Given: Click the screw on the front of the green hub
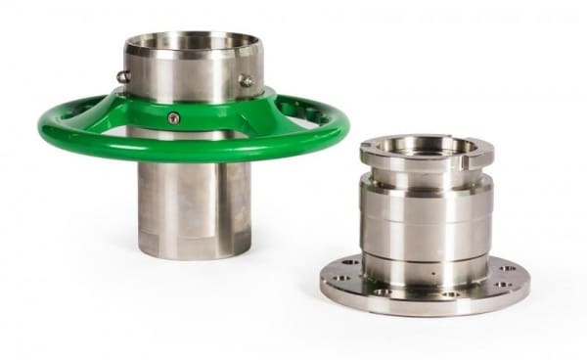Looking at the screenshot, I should [x=174, y=118].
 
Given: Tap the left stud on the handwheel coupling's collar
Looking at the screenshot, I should [x=123, y=76].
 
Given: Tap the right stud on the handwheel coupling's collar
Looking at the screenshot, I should [x=247, y=81].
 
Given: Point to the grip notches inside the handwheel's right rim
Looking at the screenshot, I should [x=311, y=114].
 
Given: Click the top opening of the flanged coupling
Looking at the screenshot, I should [x=427, y=147].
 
